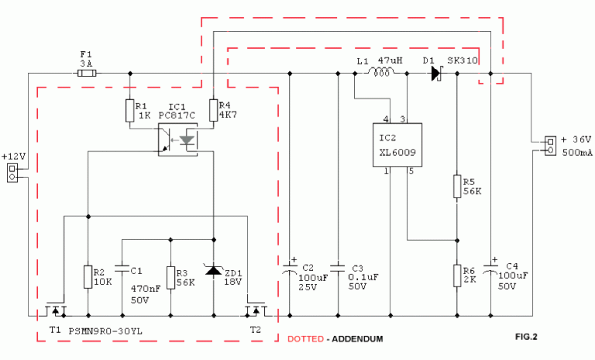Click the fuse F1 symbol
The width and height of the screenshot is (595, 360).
[87, 74]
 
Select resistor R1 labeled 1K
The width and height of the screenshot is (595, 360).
[130, 111]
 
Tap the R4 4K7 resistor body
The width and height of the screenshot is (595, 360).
[214, 110]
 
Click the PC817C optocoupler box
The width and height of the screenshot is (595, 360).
[177, 139]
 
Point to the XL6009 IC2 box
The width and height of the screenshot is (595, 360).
[397, 145]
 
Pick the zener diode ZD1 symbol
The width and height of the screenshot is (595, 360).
[213, 269]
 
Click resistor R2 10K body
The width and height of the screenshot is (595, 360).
[88, 277]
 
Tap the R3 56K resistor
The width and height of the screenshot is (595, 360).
[170, 278]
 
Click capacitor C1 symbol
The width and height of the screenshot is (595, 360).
[122, 268]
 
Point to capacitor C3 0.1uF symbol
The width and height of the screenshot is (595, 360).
[338, 268]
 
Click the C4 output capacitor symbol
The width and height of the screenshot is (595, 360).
[490, 268]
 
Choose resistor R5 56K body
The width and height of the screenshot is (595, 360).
[457, 187]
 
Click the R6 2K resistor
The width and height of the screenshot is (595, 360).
[457, 276]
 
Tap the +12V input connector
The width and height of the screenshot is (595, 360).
[12, 173]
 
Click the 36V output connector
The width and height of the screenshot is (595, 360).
[551, 146]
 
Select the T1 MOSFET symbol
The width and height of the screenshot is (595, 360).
[56, 310]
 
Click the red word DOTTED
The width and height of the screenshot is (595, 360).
[305, 339]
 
